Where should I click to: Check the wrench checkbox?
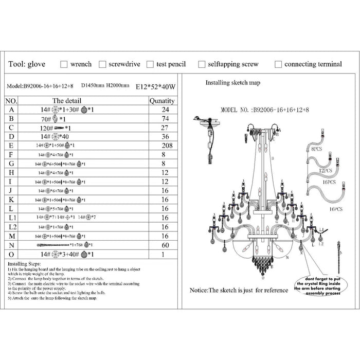click(64, 65)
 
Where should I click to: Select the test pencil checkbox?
click(150, 65)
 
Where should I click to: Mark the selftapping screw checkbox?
click(200, 65)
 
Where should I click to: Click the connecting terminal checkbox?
click(278, 65)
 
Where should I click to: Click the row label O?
click(11, 254)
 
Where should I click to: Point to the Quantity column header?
click(161, 101)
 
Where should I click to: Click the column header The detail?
click(65, 101)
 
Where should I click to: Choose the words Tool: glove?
click(27, 65)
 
